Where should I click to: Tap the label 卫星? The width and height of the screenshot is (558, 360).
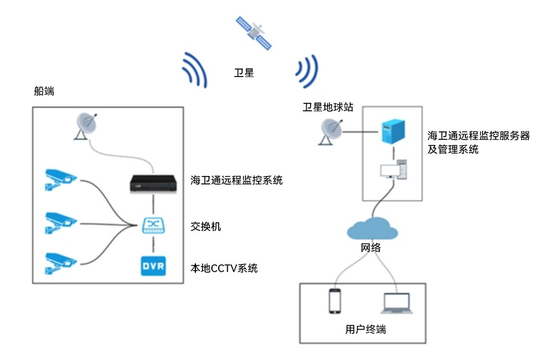[244, 73]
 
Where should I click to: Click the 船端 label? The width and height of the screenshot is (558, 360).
[44, 91]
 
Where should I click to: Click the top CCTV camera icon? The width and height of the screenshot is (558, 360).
[60, 178]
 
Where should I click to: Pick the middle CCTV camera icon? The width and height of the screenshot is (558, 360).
[60, 222]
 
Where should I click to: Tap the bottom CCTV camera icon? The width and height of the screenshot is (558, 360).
[60, 262]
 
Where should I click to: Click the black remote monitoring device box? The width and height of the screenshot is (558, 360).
[152, 182]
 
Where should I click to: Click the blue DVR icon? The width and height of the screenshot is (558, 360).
[153, 267]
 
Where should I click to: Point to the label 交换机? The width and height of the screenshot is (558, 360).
[205, 227]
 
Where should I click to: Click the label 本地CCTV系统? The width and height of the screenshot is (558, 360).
[223, 267]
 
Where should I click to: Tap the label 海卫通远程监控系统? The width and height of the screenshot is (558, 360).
[236, 181]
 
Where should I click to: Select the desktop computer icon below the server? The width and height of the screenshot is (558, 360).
[393, 170]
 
